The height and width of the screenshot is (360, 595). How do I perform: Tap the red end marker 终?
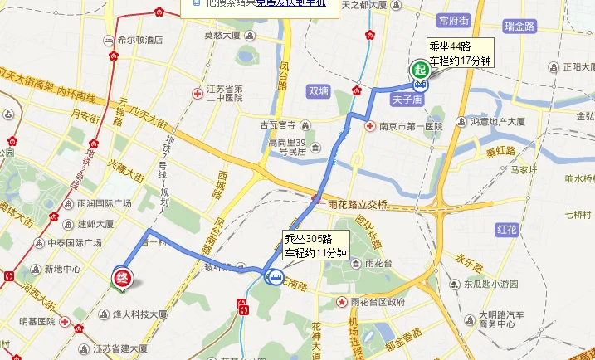tap(122, 276)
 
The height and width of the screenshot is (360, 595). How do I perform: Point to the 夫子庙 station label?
tap(408, 100)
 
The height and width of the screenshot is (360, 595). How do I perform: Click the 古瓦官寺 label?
tap(278, 125)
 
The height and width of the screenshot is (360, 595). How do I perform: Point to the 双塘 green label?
tap(319, 91)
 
